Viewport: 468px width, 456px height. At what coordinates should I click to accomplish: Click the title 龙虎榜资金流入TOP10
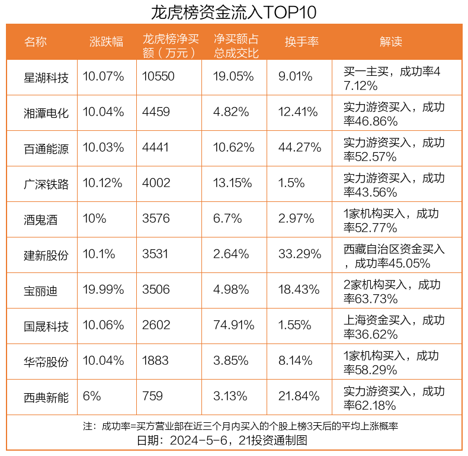tap(233, 12)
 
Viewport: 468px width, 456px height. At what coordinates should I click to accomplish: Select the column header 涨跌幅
tap(107, 41)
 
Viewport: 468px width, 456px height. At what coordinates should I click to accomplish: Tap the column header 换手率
tap(302, 41)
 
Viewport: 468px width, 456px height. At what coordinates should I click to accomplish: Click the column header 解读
tap(391, 41)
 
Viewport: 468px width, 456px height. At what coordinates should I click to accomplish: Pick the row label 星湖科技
tap(46, 77)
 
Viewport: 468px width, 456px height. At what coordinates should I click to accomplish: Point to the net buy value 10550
tap(159, 76)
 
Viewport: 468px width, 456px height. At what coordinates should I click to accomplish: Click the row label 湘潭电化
tap(46, 113)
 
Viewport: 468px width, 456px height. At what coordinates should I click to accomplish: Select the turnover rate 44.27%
tap(299, 147)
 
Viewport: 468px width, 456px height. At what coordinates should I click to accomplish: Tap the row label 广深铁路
tap(46, 184)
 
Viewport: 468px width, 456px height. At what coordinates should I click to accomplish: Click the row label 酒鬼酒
tap(41, 219)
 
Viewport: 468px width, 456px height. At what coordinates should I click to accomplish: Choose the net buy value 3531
tap(155, 254)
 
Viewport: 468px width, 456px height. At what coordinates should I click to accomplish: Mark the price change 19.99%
tap(104, 290)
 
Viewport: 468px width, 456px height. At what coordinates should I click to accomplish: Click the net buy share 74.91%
tap(234, 325)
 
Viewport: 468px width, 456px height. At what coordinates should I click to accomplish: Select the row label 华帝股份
tap(46, 361)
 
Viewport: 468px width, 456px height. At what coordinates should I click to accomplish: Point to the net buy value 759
tap(152, 396)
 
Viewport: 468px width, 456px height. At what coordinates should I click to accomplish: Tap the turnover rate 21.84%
tap(299, 396)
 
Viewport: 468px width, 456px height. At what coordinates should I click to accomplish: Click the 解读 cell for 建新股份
tap(394, 255)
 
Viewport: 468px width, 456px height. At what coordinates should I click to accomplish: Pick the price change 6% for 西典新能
tap(92, 396)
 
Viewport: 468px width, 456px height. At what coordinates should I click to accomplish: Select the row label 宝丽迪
tap(41, 290)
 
